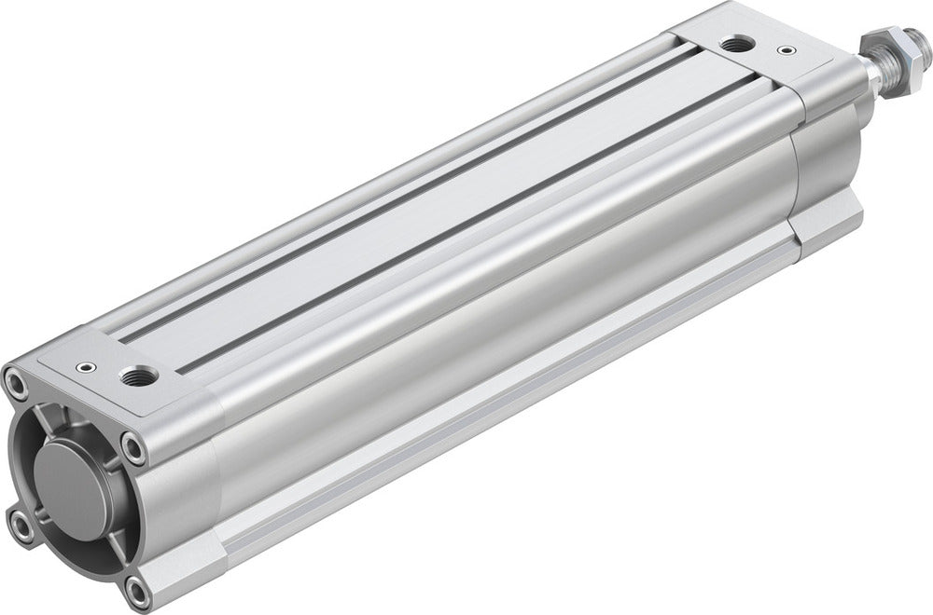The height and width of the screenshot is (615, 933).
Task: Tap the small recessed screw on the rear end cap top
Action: pos(89,366)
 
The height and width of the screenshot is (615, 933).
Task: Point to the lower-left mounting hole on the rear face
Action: pos(21,526)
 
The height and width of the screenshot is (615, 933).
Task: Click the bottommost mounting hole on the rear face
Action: pos(137,589)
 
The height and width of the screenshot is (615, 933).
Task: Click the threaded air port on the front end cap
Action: pos(734,44)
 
